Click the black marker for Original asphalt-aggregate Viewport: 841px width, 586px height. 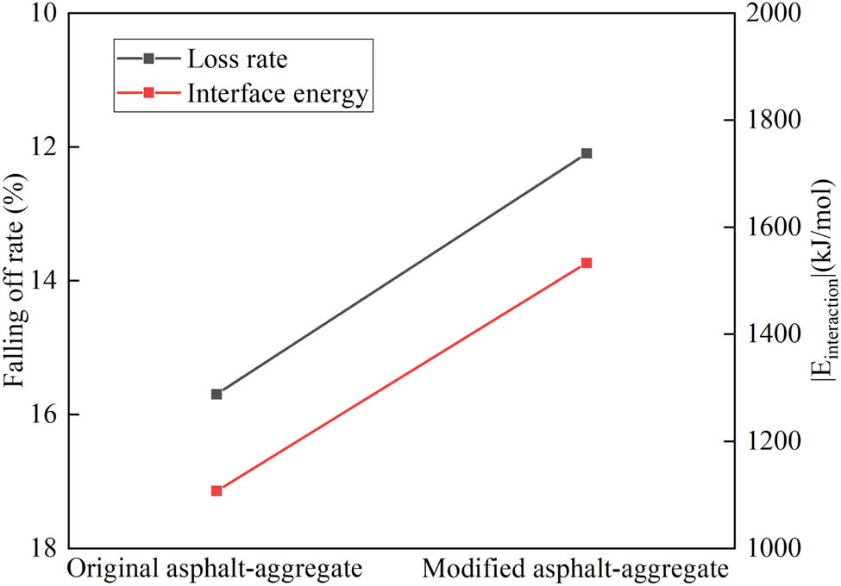point(217,394)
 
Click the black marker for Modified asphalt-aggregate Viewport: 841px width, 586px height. point(587,153)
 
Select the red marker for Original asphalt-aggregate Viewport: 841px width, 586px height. point(217,491)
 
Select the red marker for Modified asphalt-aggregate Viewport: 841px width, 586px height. point(587,262)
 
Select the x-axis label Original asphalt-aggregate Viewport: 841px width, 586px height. point(215,570)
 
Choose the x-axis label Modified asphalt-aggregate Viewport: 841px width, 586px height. point(575,570)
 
